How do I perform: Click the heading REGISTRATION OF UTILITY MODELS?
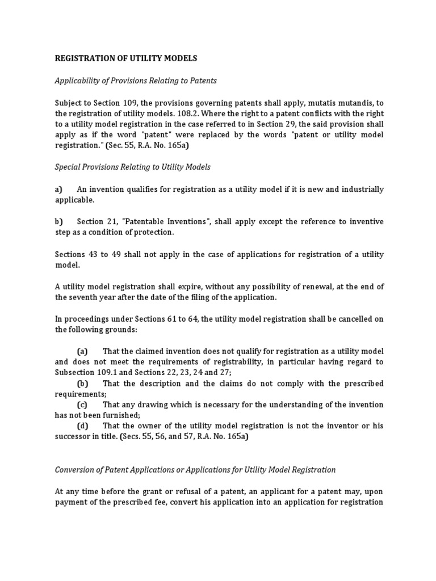126,58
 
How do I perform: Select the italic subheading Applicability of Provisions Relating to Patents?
136,81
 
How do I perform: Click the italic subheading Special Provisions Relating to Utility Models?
132,167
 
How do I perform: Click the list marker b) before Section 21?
58,221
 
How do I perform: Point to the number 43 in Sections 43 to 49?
93,254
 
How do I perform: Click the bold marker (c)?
82,405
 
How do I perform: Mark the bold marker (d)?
83,426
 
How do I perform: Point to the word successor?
75,437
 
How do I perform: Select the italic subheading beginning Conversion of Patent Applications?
195,469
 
